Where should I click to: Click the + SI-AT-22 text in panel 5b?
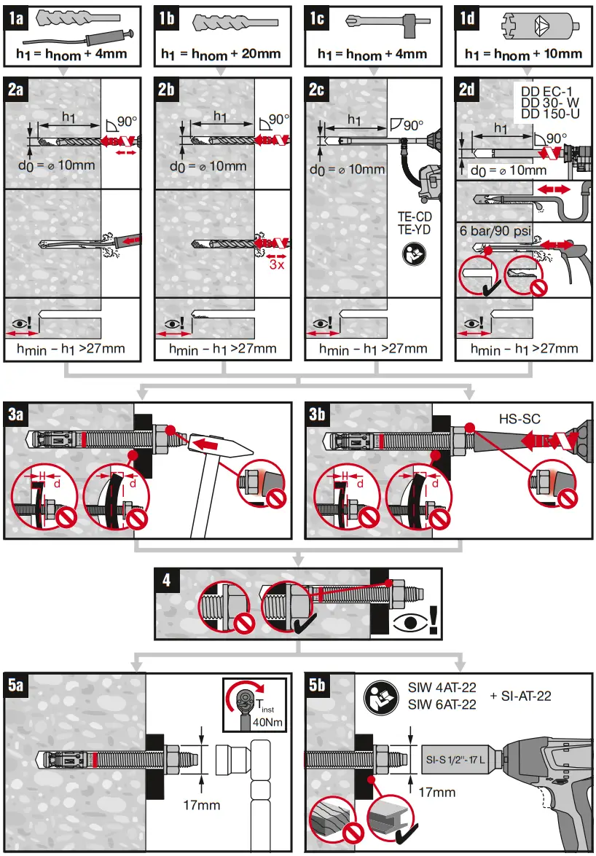[520, 696]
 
